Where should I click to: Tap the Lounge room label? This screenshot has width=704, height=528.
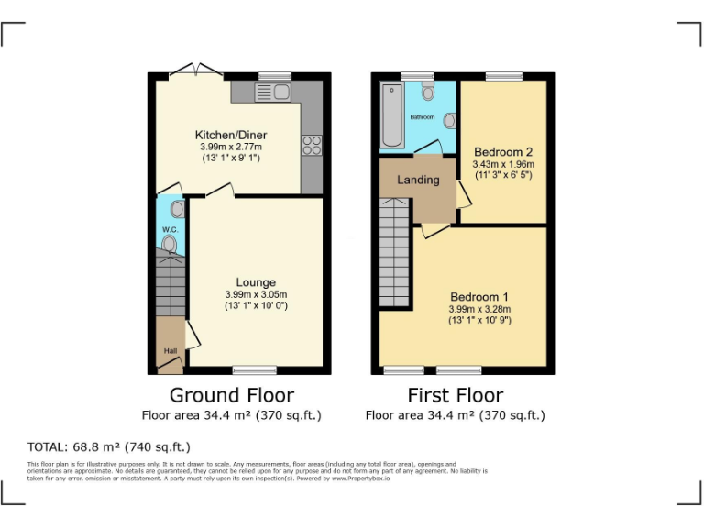pyautogui.click(x=255, y=282)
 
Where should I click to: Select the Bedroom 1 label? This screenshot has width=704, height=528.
pyautogui.click(x=478, y=297)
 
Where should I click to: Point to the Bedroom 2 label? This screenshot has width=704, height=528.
pyautogui.click(x=502, y=152)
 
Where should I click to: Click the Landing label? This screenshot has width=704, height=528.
pyautogui.click(x=418, y=180)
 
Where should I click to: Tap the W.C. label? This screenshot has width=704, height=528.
pyautogui.click(x=169, y=229)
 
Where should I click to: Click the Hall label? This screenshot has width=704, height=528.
pyautogui.click(x=170, y=351)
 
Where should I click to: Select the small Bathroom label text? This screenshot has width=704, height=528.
pyautogui.click(x=422, y=117)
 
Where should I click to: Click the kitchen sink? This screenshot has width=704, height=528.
pyautogui.click(x=273, y=92)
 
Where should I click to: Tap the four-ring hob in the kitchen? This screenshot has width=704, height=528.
pyautogui.click(x=312, y=145)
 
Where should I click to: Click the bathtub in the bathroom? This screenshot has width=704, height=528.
pyautogui.click(x=391, y=115)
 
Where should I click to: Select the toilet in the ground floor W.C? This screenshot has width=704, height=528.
pyautogui.click(x=169, y=243)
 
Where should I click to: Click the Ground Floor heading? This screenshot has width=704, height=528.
pyautogui.click(x=232, y=395)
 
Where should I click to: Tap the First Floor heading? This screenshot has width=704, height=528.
pyautogui.click(x=456, y=395)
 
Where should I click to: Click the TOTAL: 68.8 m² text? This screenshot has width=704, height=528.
pyautogui.click(x=109, y=447)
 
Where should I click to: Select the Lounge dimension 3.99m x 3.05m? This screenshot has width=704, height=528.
pyautogui.click(x=256, y=294)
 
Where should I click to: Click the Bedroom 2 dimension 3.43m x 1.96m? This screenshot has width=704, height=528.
pyautogui.click(x=502, y=164)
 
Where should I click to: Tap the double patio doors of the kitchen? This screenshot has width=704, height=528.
pyautogui.click(x=195, y=71)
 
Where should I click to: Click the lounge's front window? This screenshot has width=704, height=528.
pyautogui.click(x=248, y=370)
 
